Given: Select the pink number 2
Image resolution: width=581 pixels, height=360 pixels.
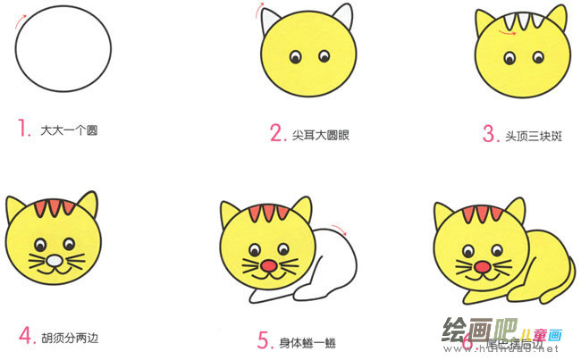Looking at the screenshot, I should pyautogui.click(x=276, y=133).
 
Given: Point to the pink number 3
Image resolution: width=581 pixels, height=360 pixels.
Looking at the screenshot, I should pyautogui.click(x=489, y=134).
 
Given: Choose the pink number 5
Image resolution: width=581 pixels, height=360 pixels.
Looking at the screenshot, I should pyautogui.click(x=263, y=339).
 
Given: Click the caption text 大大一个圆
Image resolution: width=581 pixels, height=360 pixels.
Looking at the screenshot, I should pyautogui.click(x=68, y=130).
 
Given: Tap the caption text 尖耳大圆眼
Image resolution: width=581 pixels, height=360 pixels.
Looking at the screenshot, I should pyautogui.click(x=321, y=135).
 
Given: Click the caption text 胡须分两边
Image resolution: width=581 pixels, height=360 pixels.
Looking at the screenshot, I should pyautogui.click(x=70, y=338).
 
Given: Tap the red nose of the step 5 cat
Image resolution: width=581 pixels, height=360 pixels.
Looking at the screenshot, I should pyautogui.click(x=268, y=266).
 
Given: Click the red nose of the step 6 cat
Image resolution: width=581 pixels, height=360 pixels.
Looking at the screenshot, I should pyautogui.click(x=482, y=266).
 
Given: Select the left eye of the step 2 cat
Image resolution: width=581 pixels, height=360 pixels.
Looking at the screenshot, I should pyautogui.click(x=294, y=59).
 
